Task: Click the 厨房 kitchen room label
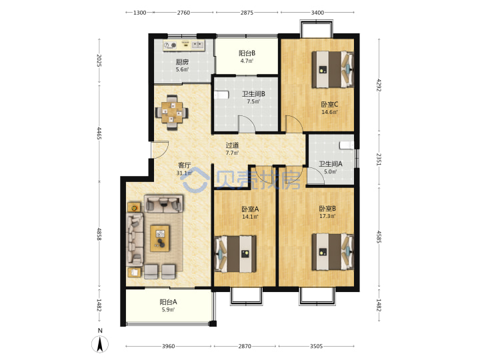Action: click(x=182, y=62)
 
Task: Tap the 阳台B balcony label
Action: click(x=247, y=53)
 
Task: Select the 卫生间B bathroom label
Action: click(x=253, y=94)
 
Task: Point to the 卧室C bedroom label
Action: click(x=329, y=105)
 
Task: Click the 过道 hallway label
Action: click(x=232, y=145)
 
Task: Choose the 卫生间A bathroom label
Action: click(x=331, y=164)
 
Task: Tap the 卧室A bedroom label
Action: click(x=250, y=209)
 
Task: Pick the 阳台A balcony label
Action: click(x=168, y=302)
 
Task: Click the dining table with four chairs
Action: click(x=171, y=113)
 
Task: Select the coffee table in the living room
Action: click(x=160, y=238)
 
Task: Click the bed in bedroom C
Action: click(x=333, y=70)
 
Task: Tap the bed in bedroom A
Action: click(x=236, y=254)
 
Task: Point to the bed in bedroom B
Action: click(x=333, y=252)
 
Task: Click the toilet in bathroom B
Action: click(x=221, y=95)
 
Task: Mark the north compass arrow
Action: click(x=100, y=344)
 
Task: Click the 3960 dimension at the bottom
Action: click(x=168, y=346)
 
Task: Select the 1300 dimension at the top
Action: click(x=139, y=13)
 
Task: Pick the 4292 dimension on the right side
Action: click(x=379, y=85)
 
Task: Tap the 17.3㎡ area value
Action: click(x=327, y=216)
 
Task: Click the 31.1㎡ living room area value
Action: click(x=184, y=173)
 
